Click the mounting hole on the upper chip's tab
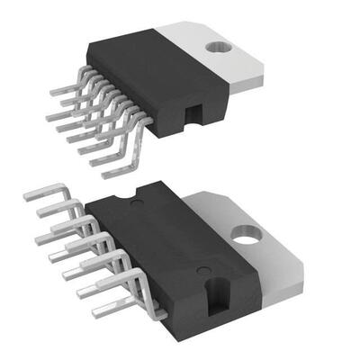(215, 48)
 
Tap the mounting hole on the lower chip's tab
(243, 235)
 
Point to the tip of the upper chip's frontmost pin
(106, 175)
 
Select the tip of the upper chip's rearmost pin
(51, 91)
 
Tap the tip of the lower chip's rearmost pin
(24, 193)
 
